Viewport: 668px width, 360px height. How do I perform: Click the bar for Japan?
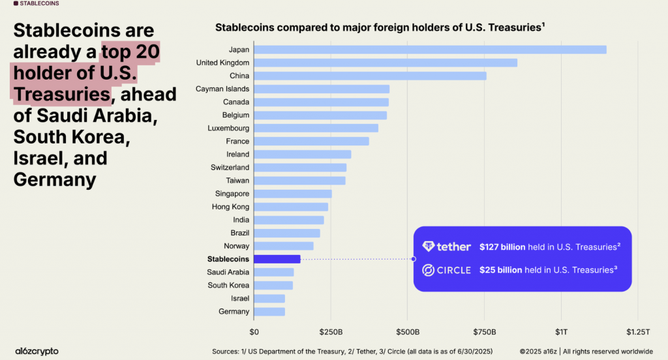(x=430, y=50)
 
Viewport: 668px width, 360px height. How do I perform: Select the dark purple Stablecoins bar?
(x=277, y=259)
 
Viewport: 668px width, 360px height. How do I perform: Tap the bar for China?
(x=370, y=76)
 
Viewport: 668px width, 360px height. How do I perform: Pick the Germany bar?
(x=269, y=311)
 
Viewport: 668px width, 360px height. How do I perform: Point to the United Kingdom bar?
(x=386, y=63)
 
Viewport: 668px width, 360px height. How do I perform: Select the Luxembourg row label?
(x=228, y=128)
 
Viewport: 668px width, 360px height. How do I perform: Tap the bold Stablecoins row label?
(x=224, y=259)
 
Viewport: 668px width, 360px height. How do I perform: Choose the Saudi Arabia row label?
(x=228, y=272)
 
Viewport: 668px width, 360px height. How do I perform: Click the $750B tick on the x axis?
(x=485, y=332)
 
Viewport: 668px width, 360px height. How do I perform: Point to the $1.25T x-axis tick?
(x=638, y=332)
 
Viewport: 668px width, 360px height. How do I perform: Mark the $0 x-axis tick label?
(x=254, y=332)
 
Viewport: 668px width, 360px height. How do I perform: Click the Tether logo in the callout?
(x=447, y=247)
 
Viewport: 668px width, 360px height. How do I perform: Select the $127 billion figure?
(x=500, y=247)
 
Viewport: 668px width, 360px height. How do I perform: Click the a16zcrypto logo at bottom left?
(x=37, y=351)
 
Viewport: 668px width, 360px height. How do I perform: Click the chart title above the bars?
(x=380, y=28)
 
